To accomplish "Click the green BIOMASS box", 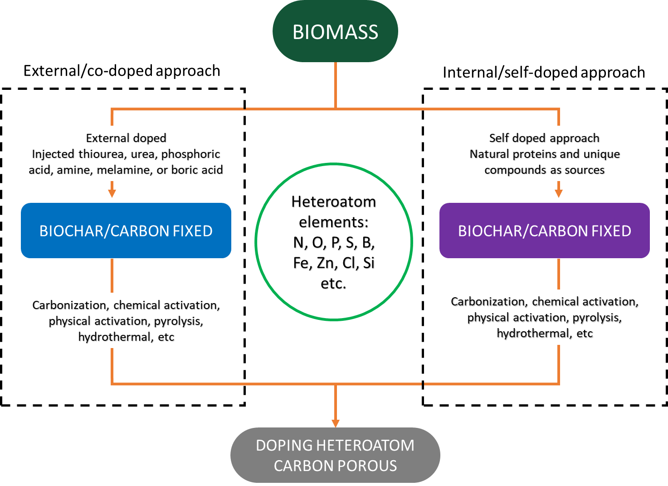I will tap(335, 32).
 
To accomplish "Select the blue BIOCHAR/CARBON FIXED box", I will tap(126, 231).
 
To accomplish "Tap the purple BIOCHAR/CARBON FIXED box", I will tap(544, 231).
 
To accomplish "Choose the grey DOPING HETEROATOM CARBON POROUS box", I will tap(335, 455).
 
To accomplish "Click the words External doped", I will tap(126, 138).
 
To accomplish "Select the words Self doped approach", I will tap(544, 138).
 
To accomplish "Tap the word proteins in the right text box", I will tap(535, 154).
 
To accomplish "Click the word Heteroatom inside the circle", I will tap(334, 201).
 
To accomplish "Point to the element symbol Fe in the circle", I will tap(301, 263).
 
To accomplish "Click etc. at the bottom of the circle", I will tap(333, 283).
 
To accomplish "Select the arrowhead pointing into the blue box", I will tap(112, 194).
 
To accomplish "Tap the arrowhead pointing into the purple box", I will tap(559, 194).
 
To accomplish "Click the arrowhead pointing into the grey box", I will tap(336, 423).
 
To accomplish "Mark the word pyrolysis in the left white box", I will tap(178, 321).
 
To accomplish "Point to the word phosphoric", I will tap(190, 154).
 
